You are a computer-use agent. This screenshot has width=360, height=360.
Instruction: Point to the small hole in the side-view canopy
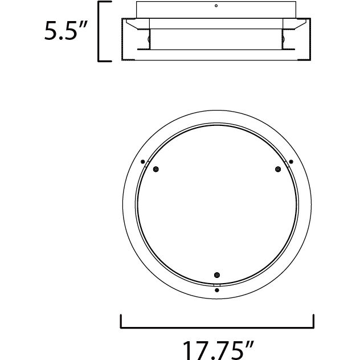[x=216, y=6]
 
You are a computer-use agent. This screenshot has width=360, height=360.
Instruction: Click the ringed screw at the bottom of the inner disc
[x=216, y=275]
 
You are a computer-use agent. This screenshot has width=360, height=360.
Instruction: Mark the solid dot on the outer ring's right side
[x=291, y=161]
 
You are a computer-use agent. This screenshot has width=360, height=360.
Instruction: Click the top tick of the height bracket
[x=104, y=3]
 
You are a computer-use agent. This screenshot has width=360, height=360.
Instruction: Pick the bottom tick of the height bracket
[x=104, y=60]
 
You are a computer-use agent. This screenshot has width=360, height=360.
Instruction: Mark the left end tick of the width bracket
[x=121, y=321]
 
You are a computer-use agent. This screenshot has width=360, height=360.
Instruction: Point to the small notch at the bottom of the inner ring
[x=216, y=283]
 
